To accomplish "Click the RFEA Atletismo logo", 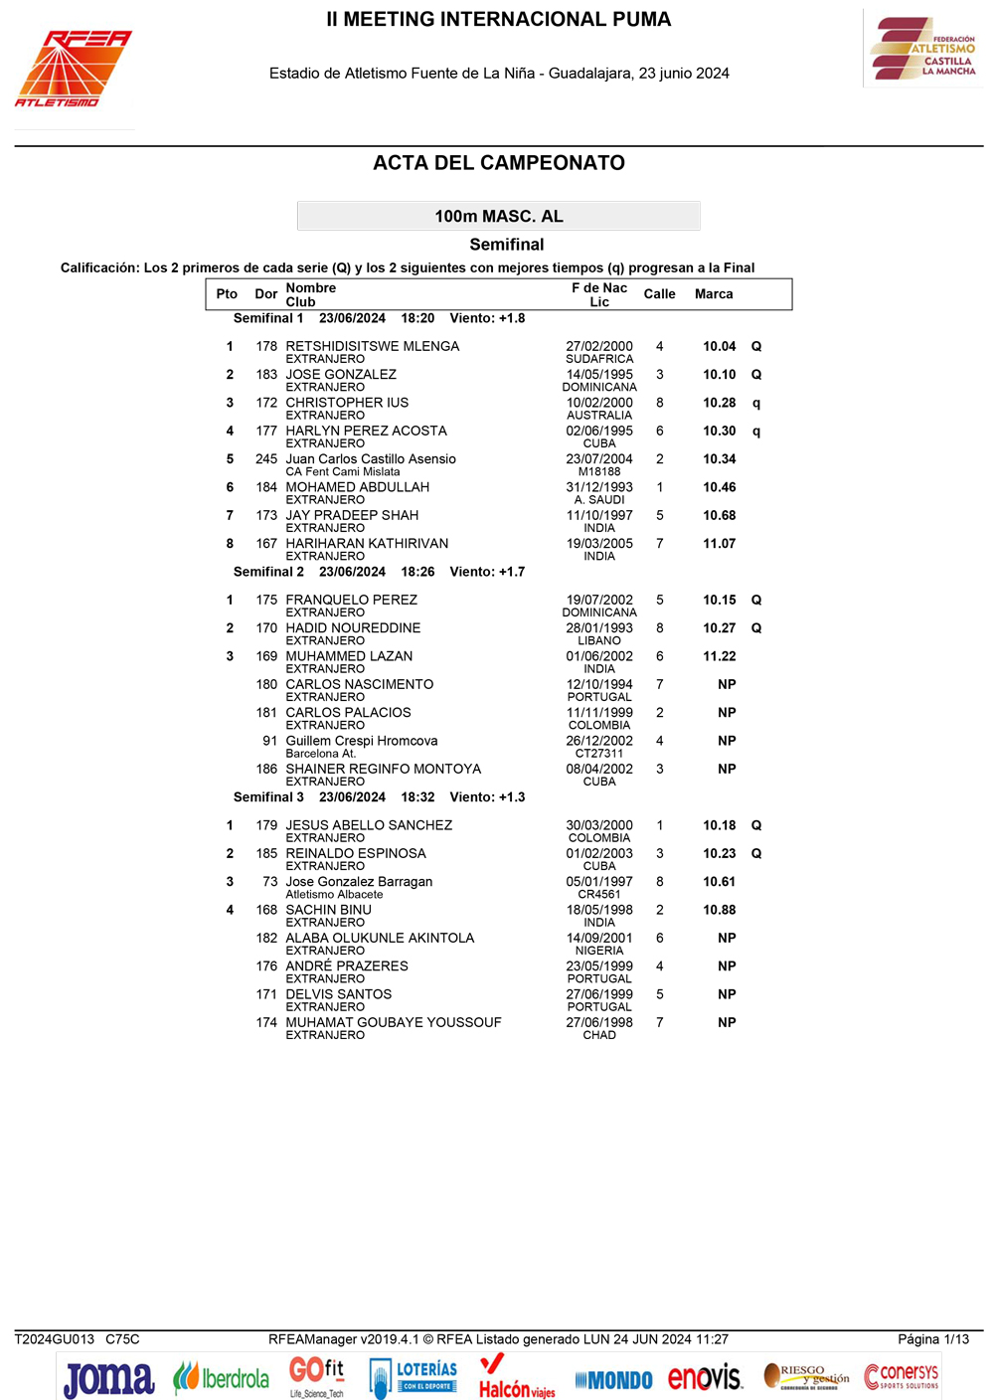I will click(73, 68).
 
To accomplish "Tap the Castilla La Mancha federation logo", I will click(923, 49).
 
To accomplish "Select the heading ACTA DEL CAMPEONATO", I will click(498, 163).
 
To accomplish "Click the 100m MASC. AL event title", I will click(498, 216).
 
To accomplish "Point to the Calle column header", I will click(659, 294).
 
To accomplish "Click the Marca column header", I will click(714, 294).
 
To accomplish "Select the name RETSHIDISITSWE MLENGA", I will click(372, 346).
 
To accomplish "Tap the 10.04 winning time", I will click(719, 346).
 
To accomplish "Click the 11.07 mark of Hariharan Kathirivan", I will click(719, 544).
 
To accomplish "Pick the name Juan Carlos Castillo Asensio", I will click(371, 459).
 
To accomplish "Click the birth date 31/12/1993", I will click(599, 487).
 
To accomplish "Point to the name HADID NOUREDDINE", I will click(353, 628).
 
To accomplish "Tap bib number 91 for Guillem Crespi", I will click(269, 741).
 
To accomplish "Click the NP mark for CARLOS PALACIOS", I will click(727, 713).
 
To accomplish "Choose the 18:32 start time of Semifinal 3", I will click(417, 797).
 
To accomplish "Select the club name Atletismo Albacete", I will click(334, 895).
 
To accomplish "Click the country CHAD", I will click(599, 1035).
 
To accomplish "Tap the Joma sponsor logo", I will click(109, 1379).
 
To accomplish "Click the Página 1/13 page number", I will click(932, 1339).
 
